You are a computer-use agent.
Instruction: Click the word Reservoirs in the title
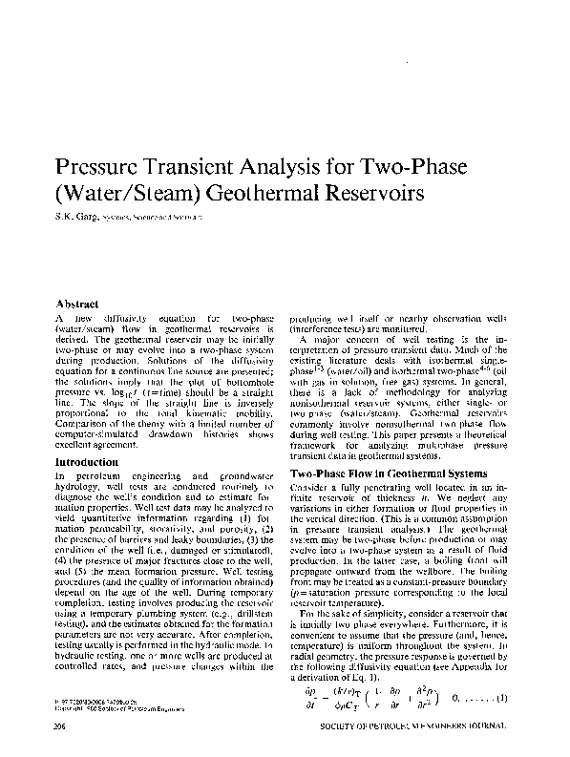pyautogui.click(x=361, y=192)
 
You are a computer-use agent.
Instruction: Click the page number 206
pyautogui.click(x=63, y=725)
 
